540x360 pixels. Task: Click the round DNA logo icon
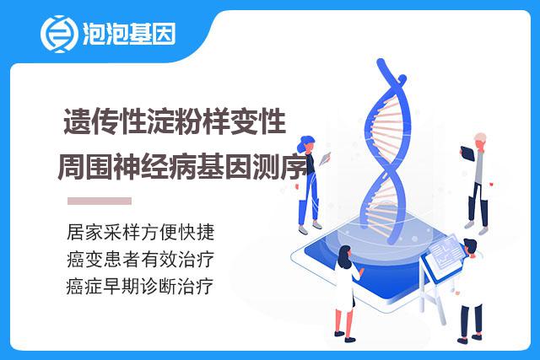point(59,34)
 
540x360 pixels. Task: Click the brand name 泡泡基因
point(129,34)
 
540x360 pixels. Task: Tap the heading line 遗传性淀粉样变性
point(175,121)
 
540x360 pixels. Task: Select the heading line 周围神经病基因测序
point(182,167)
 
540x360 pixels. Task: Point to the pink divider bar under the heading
point(100,201)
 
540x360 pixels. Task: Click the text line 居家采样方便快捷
point(141,232)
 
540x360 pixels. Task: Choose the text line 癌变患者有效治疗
point(141,259)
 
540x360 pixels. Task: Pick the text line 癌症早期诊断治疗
point(140,287)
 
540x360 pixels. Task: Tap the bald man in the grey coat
point(478,181)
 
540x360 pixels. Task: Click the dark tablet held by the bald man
point(467,153)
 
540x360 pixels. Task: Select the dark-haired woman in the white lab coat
point(347,293)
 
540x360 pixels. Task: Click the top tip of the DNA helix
point(381,62)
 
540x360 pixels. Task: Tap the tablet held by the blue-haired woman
point(325,159)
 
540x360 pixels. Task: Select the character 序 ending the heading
point(294,168)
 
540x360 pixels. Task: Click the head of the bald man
point(480,140)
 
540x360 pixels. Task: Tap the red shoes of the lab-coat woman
point(345,336)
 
